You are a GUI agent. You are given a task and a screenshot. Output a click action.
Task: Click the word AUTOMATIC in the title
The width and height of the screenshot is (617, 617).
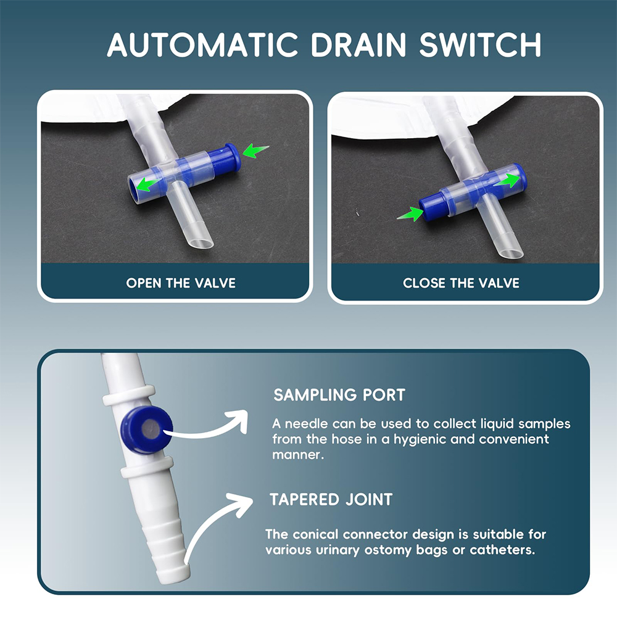[x=202, y=44]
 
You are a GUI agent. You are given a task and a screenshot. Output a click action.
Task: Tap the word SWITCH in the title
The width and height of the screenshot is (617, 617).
[x=480, y=44]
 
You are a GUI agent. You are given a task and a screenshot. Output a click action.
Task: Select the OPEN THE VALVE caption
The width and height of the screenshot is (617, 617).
[x=181, y=283]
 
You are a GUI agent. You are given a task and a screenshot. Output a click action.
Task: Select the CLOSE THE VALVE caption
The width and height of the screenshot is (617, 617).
[x=461, y=283]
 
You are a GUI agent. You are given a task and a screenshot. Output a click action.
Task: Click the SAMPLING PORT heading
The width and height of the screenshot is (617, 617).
[x=339, y=395]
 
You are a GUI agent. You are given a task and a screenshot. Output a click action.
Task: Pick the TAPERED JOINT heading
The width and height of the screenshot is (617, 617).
[x=331, y=499]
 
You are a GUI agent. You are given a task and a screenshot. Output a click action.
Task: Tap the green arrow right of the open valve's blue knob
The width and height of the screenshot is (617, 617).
[x=255, y=151]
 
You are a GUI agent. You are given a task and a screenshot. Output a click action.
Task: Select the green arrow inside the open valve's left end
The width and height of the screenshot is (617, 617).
[x=148, y=183]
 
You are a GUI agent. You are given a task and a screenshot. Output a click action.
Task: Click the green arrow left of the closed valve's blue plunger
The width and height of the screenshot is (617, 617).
[x=410, y=215]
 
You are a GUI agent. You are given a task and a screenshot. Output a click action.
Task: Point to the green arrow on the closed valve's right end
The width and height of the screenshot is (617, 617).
[x=508, y=180]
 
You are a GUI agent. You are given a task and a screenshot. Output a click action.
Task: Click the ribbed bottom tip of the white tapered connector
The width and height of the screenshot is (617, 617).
[x=174, y=571]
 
